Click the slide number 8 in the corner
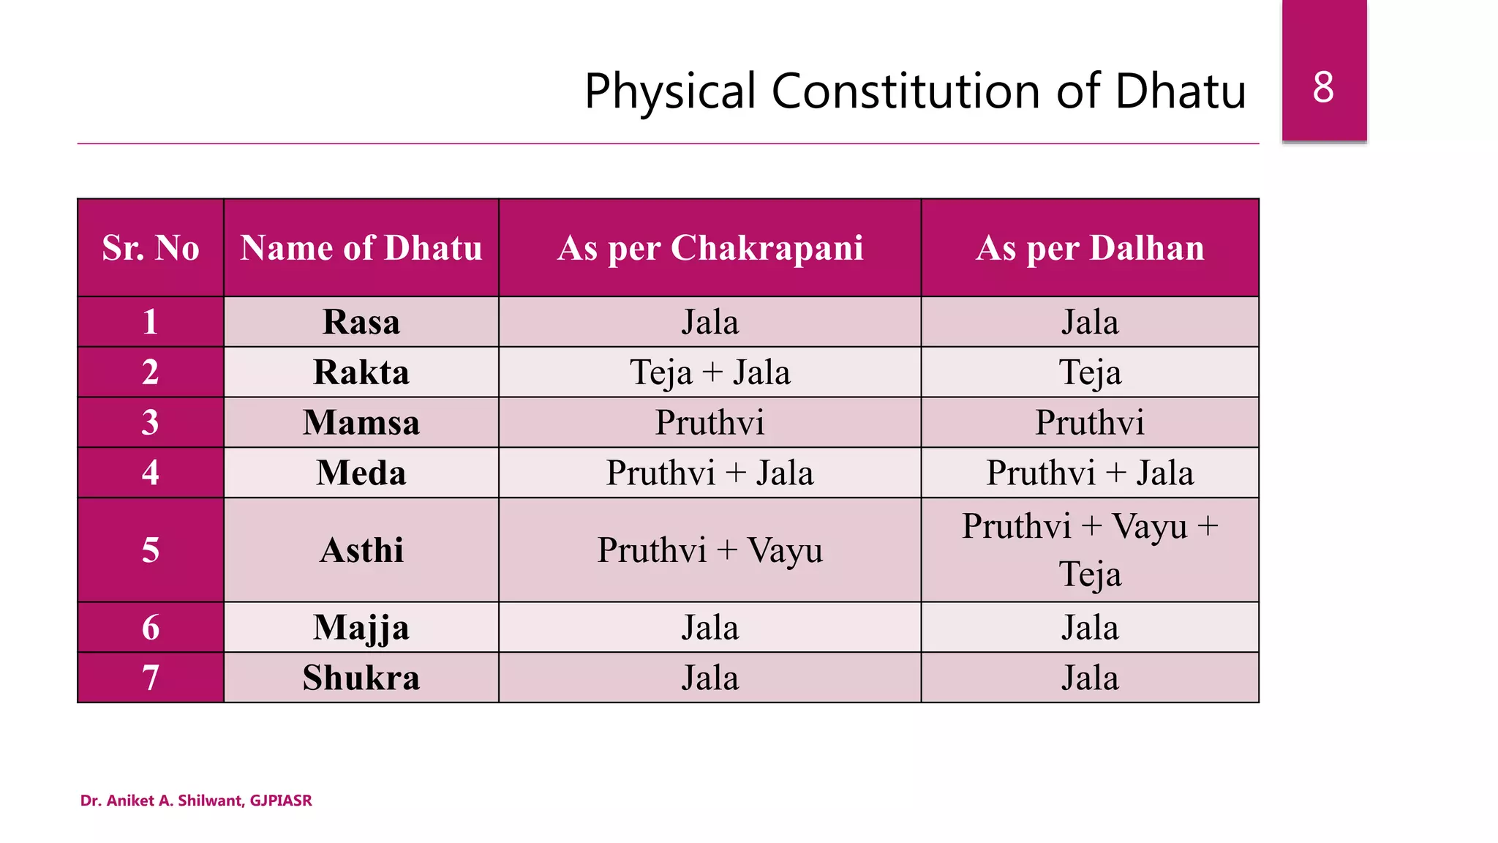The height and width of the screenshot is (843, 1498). [1323, 88]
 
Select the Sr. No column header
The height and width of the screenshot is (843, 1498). [151, 248]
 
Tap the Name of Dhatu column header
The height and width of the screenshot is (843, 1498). [361, 248]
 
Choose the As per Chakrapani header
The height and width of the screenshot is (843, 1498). [710, 248]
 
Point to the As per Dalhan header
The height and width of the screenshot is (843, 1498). [1090, 248]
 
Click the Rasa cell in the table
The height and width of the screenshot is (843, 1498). [361, 322]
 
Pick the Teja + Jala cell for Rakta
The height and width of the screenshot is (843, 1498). [710, 372]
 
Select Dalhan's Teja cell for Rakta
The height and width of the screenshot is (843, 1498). [1090, 372]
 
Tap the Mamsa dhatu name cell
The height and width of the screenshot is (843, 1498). [361, 423]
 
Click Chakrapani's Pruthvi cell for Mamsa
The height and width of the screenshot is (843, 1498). [710, 423]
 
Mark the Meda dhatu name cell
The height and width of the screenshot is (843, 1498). [361, 473]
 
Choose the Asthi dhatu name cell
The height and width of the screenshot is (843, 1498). [361, 550]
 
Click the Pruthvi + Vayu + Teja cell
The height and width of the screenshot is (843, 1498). [1090, 550]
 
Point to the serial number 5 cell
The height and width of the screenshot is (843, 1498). [151, 550]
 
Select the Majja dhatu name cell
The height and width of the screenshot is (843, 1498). [361, 628]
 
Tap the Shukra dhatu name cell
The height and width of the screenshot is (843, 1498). [361, 678]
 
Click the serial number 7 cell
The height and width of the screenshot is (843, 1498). [151, 678]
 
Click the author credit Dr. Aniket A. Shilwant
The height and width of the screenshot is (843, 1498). [196, 801]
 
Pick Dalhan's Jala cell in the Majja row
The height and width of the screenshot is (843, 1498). [1090, 628]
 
